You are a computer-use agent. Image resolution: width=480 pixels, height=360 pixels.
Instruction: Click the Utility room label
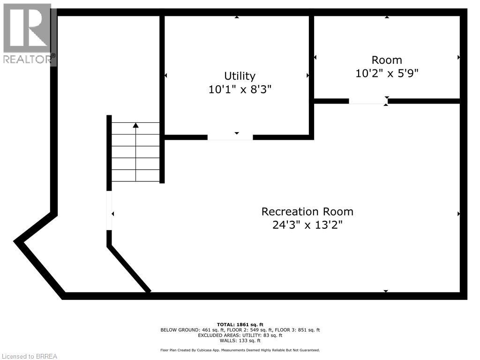(x=240, y=76)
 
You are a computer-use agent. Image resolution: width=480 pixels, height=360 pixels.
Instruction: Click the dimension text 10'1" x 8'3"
(x=240, y=89)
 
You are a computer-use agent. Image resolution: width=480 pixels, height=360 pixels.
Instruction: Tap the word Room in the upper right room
(x=387, y=60)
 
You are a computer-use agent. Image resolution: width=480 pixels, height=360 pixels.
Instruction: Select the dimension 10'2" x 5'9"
(x=387, y=73)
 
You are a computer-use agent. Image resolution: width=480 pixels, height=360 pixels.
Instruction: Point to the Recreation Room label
(x=307, y=211)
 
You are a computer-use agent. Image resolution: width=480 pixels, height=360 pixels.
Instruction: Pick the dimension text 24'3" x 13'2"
(x=307, y=225)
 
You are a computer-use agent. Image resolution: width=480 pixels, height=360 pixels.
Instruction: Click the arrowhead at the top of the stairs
(x=136, y=125)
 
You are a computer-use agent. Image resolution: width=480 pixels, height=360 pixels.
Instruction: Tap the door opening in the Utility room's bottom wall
(x=230, y=137)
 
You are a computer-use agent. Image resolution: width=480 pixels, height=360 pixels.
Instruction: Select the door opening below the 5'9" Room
(x=368, y=101)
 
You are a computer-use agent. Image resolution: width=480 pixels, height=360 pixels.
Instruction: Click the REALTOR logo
(x=28, y=33)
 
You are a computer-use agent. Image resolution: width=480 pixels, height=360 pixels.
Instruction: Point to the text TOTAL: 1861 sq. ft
(x=240, y=324)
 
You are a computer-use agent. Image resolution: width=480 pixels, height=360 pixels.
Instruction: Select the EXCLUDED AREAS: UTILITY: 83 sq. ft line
(x=240, y=335)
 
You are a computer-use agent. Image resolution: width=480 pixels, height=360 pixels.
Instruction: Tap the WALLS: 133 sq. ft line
(x=240, y=341)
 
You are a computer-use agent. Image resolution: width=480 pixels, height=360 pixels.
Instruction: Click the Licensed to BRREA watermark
(x=29, y=356)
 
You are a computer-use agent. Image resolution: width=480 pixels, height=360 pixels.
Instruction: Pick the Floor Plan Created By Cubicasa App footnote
(x=240, y=350)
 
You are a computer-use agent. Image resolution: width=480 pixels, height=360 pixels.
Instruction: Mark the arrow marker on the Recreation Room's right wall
(x=458, y=214)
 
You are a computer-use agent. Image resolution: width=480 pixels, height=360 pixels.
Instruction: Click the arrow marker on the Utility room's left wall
(x=165, y=75)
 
